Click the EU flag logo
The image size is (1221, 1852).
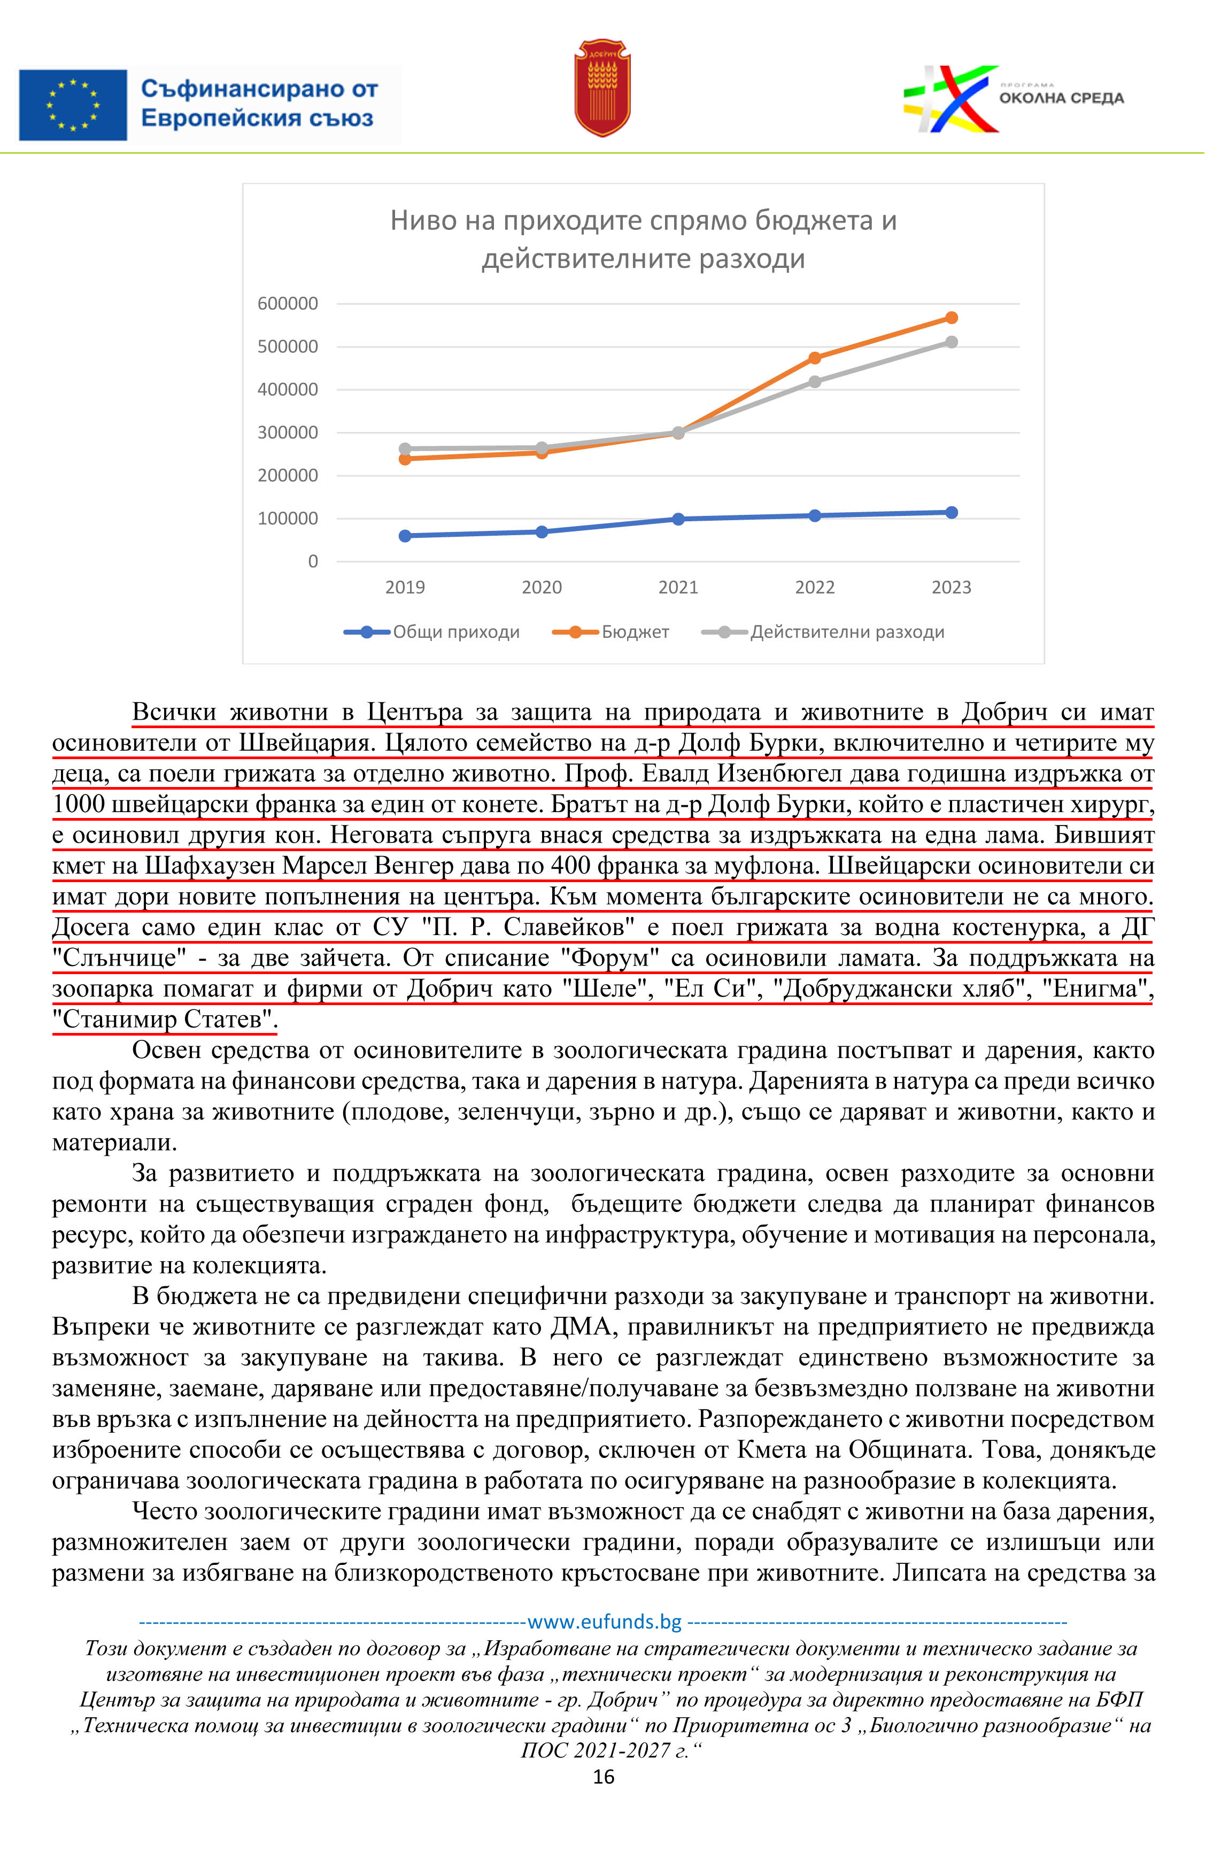click(x=73, y=105)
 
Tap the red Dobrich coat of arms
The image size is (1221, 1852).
click(x=610, y=89)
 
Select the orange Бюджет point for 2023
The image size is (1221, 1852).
click(x=963, y=322)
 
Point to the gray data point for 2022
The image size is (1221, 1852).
click(x=825, y=387)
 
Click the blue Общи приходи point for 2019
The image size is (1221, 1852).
click(x=411, y=543)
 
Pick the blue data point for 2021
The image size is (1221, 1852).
click(x=687, y=526)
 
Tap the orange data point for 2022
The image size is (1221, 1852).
click(x=825, y=363)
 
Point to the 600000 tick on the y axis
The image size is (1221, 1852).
click(x=291, y=307)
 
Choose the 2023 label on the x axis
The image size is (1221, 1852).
click(x=963, y=595)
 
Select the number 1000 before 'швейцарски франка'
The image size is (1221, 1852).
click(x=79, y=815)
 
